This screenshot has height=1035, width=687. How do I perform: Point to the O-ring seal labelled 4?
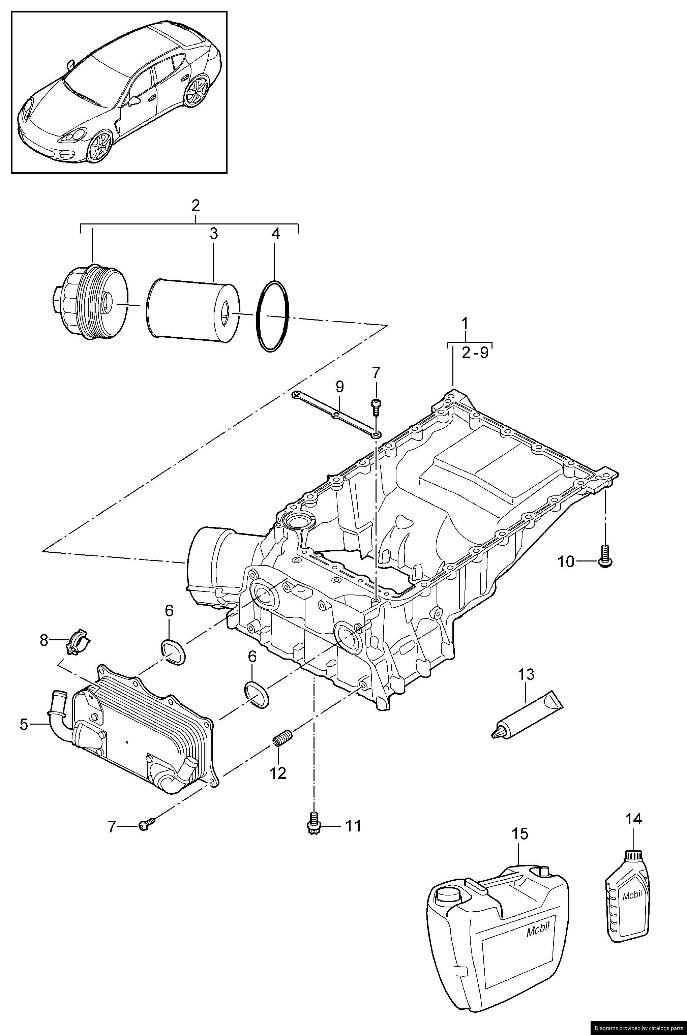(272, 316)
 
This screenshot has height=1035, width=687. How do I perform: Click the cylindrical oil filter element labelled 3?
(193, 309)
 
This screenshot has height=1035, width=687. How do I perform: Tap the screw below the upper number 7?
(376, 405)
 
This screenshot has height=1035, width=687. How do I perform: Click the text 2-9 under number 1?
(475, 353)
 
